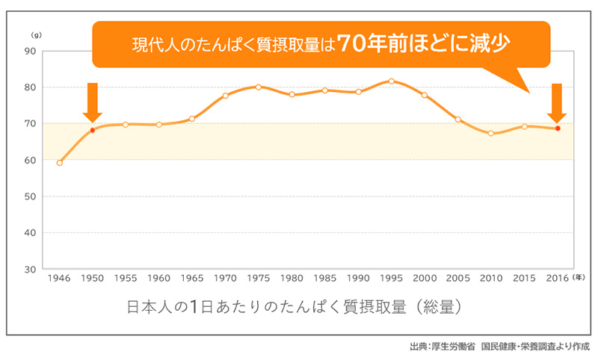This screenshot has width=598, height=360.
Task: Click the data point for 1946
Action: [x=59, y=162]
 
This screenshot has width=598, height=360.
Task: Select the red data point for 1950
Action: [x=93, y=130]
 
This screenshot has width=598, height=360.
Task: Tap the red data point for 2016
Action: [x=558, y=128]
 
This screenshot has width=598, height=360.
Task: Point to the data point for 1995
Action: [x=391, y=81]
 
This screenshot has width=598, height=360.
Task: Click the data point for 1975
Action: [x=259, y=87]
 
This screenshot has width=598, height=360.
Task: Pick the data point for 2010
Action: [x=491, y=133]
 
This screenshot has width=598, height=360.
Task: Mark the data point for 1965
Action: [x=192, y=119]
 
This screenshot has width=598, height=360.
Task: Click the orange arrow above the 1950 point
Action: [x=93, y=102]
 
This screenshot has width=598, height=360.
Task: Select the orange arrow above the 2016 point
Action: [x=557, y=102]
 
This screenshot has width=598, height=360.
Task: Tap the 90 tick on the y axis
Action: [x=31, y=51]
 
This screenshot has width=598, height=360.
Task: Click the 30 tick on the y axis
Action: [x=31, y=269]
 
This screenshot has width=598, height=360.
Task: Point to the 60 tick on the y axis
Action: [x=31, y=160]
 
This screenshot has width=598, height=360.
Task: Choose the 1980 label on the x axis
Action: [x=292, y=278]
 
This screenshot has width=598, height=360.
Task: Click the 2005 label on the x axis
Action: [x=457, y=278]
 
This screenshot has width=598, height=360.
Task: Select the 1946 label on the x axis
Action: [x=59, y=278]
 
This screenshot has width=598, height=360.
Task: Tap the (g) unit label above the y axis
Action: [x=35, y=35]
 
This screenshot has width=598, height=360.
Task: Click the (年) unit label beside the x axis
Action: [x=582, y=277]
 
